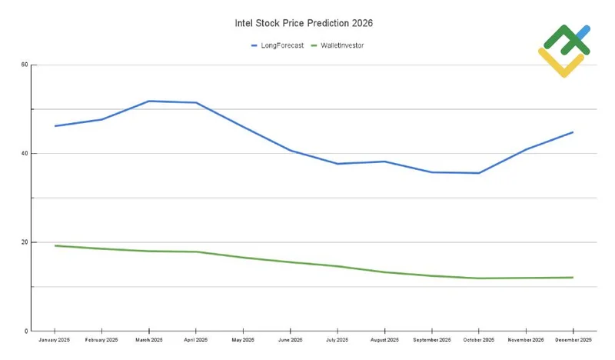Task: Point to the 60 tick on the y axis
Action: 25,65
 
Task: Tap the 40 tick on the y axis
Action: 25,154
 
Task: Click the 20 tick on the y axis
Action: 25,242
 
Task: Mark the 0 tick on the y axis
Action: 27,331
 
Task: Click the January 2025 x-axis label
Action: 55,340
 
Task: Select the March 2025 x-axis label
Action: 148,340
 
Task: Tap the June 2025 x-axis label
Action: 290,340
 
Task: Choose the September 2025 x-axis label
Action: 431,340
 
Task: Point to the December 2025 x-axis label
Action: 573,340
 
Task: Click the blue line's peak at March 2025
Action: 148,101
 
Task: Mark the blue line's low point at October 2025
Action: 479,173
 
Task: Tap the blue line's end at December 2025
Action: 573,132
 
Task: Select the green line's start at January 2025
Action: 55,245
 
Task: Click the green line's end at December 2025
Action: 573,278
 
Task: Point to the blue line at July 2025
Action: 337,164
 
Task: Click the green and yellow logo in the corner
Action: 563,50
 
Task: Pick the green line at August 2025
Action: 384,272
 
